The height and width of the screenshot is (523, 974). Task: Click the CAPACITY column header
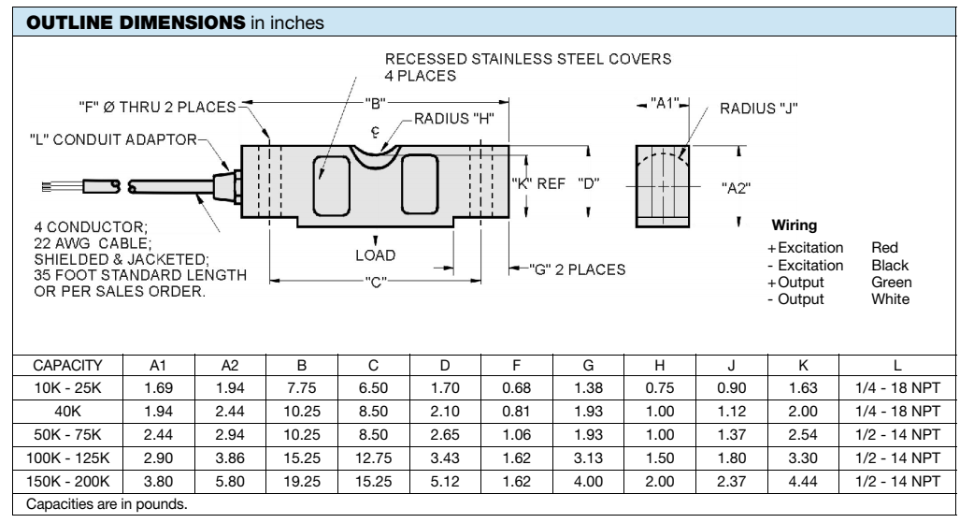pyautogui.click(x=67, y=366)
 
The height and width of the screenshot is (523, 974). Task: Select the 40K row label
pyautogui.click(x=67, y=411)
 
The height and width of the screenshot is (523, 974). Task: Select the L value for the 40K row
pyautogui.click(x=898, y=411)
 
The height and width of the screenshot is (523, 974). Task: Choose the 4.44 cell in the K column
pyautogui.click(x=803, y=480)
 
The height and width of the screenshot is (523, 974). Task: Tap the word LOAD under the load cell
pyautogui.click(x=376, y=254)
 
